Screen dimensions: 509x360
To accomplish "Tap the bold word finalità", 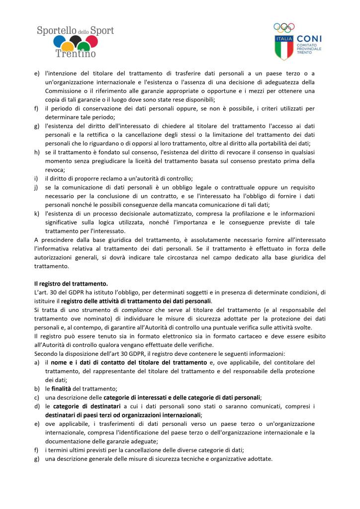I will [x=62, y=388].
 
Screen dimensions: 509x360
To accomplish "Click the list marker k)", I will [x=36, y=213].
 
